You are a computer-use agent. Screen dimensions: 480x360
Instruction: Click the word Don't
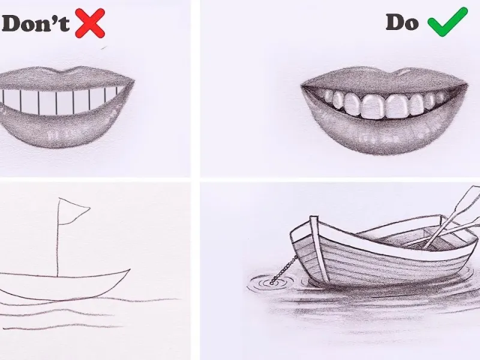(35, 23)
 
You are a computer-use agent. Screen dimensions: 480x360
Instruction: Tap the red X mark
(90, 23)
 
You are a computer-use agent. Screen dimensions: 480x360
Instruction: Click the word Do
(402, 22)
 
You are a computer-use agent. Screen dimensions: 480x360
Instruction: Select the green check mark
(448, 22)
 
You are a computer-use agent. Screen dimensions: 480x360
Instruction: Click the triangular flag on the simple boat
(72, 211)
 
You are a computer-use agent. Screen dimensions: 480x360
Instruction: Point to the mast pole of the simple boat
(58, 238)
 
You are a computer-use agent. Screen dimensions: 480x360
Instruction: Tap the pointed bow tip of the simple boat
(130, 269)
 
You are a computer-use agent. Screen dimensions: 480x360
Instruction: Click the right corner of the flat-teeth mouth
(133, 82)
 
